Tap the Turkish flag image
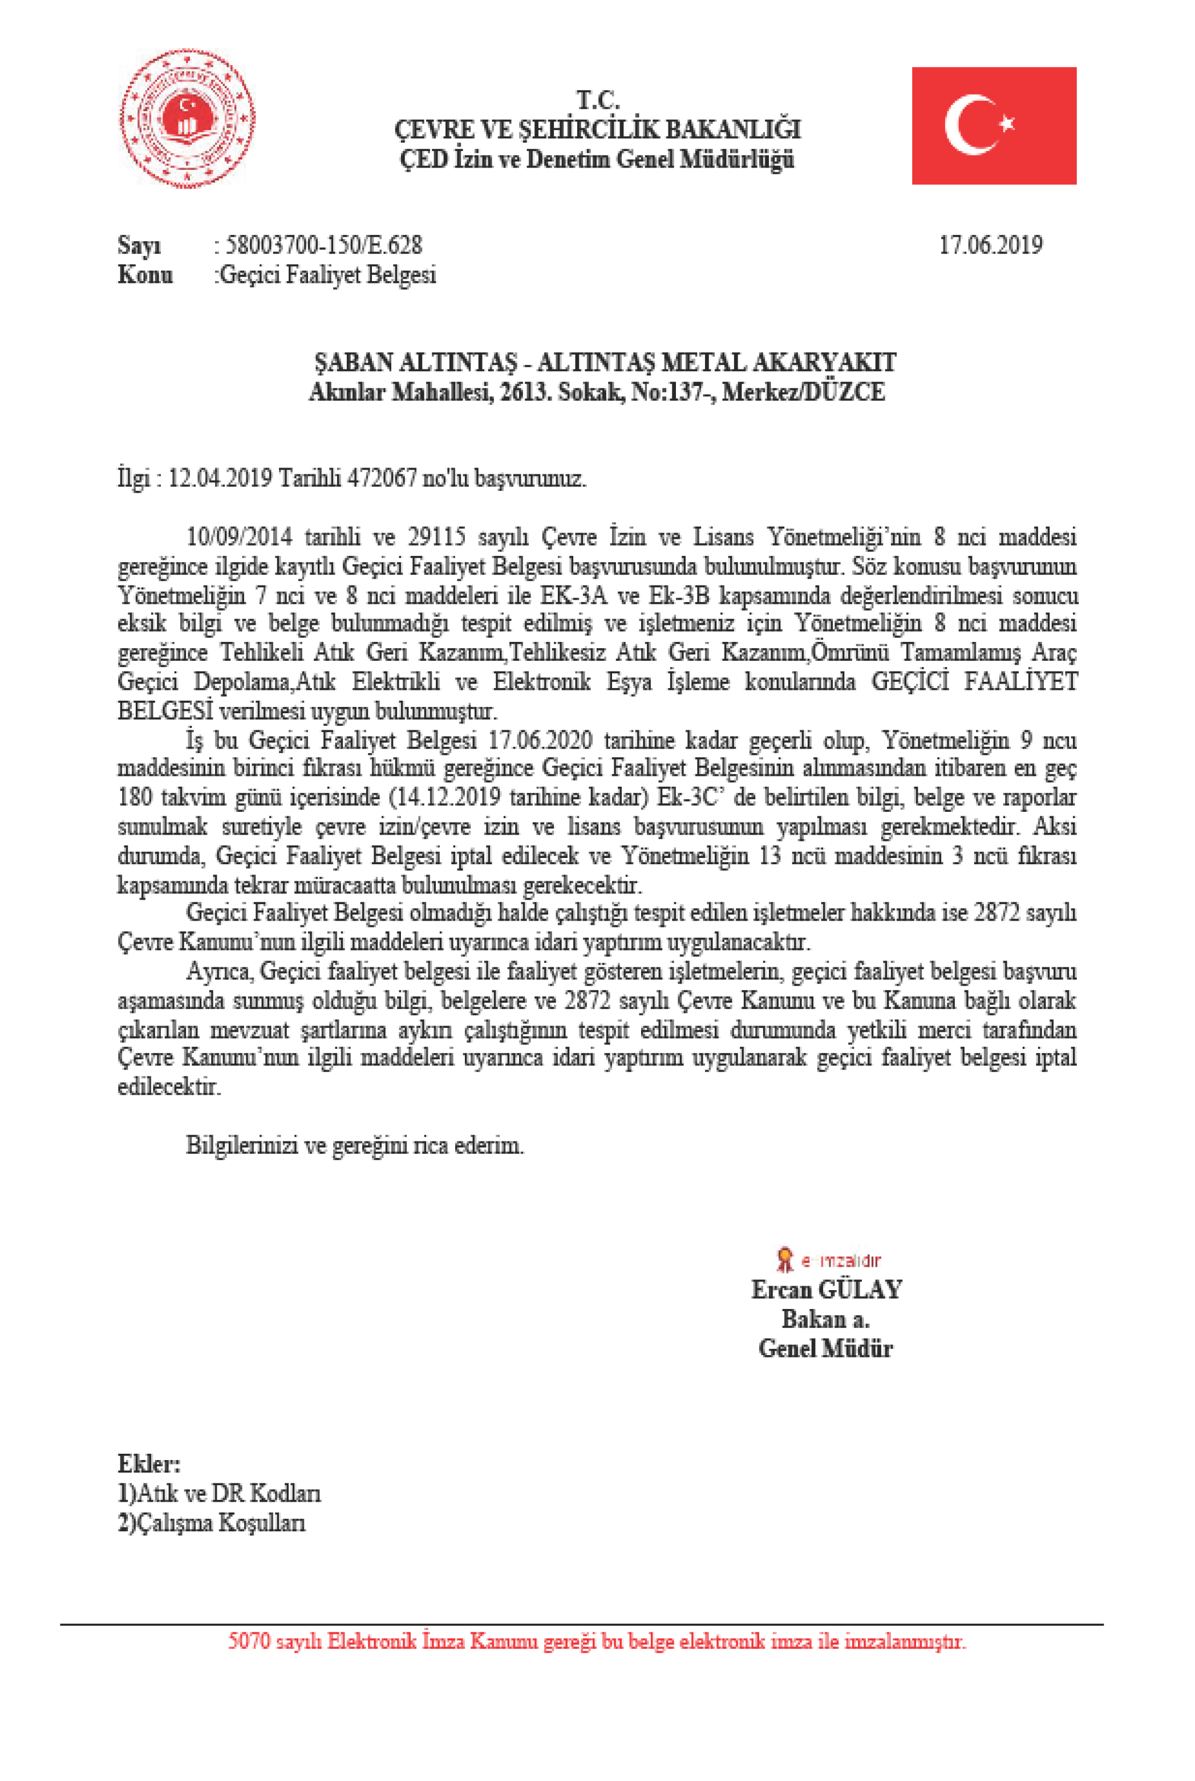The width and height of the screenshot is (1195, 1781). [x=994, y=125]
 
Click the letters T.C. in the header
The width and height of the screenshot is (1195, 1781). [x=598, y=100]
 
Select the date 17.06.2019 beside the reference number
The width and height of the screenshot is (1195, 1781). [x=990, y=245]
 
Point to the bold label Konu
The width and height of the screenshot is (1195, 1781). [x=145, y=274]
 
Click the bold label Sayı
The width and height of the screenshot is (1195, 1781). [x=139, y=245]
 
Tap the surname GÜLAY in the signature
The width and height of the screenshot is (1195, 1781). [x=860, y=1290]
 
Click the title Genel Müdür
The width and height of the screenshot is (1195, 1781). [x=825, y=1348]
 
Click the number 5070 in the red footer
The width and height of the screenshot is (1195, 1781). [x=249, y=1641]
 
